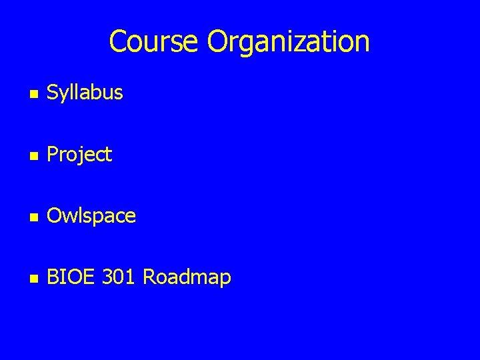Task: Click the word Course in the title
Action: (x=155, y=41)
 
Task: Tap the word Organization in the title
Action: (x=288, y=42)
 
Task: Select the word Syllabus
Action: (x=85, y=93)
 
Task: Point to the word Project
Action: (x=79, y=155)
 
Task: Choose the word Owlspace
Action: (x=91, y=216)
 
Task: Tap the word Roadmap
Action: (x=187, y=277)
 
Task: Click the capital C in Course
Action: (x=118, y=41)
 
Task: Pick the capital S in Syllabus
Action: (x=52, y=93)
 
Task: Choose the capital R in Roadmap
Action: (x=149, y=277)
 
